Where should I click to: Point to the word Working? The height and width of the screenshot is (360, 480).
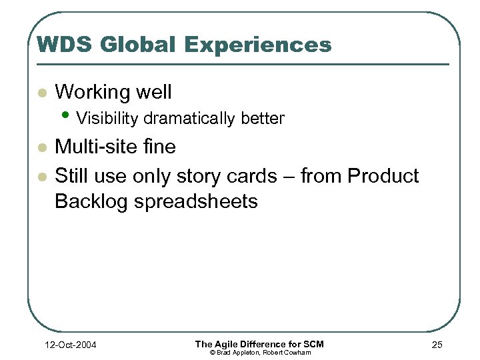click(x=93, y=92)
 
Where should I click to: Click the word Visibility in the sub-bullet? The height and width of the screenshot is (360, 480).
click(x=108, y=119)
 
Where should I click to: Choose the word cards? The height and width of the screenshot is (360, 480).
click(x=249, y=176)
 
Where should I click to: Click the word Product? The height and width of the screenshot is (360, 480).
click(x=383, y=176)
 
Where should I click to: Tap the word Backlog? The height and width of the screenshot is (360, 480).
click(x=92, y=201)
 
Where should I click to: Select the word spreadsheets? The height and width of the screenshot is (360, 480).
click(x=196, y=201)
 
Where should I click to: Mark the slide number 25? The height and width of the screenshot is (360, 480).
click(x=437, y=345)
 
